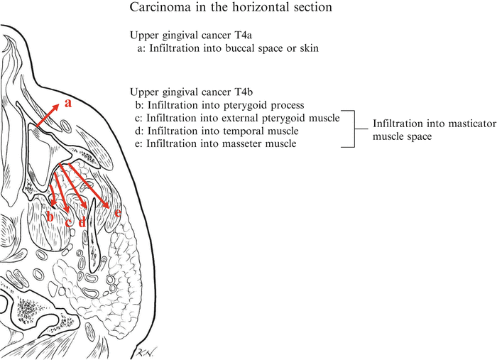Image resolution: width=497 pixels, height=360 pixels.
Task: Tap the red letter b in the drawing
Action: pyautogui.click(x=50, y=215)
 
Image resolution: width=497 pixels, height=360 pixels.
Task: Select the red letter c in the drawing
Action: pyautogui.click(x=69, y=223)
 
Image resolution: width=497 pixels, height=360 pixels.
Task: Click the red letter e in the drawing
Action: pyautogui.click(x=118, y=212)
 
